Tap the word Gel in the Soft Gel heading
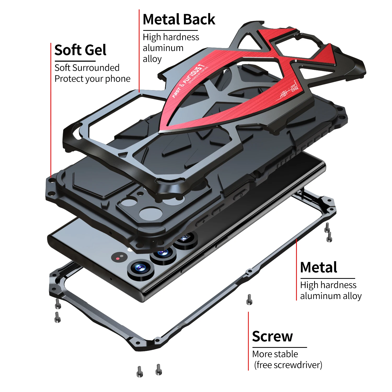[95, 50]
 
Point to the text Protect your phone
[92, 79]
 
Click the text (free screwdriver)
[288, 365]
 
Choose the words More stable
[275, 354]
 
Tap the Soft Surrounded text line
[87, 68]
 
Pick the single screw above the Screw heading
[249, 299]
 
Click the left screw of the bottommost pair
[140, 371]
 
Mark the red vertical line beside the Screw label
[248, 341]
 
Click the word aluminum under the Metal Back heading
[163, 48]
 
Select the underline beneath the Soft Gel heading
[75, 61]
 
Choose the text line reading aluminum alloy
[331, 296]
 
